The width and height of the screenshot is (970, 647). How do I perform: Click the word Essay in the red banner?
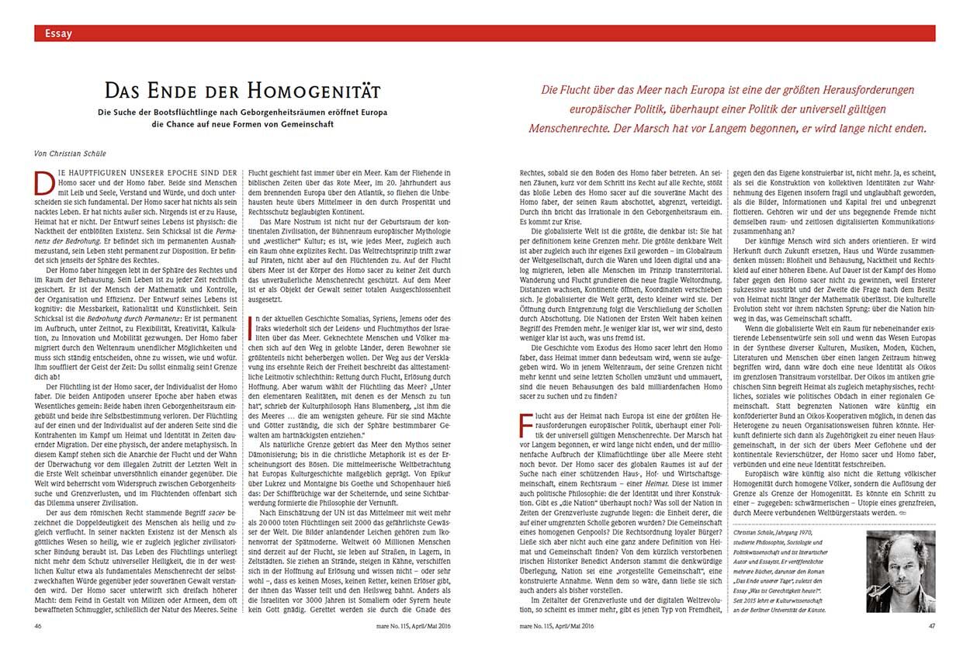59,33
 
